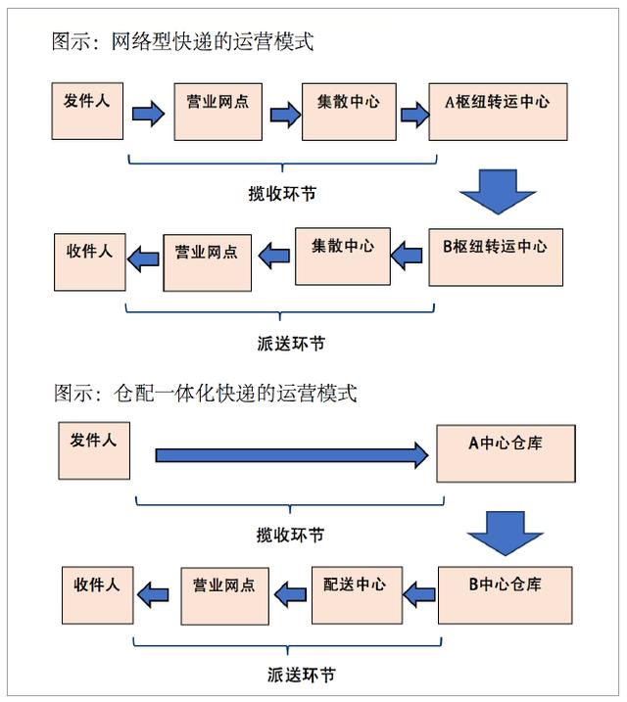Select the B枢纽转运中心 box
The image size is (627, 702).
496,257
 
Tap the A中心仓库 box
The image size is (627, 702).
506,453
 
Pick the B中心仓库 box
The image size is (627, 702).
506,595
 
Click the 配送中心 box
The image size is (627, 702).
356,594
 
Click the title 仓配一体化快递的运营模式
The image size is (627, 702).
205,394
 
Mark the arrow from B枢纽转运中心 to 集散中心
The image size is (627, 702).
407,257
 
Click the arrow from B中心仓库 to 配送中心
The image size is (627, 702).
419,592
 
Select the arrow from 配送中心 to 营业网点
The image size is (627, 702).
290,592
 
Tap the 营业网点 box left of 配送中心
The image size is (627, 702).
222,594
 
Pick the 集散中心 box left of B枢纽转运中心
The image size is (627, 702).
342,256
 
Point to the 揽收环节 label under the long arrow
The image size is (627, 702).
290,535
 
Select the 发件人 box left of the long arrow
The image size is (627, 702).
94,451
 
